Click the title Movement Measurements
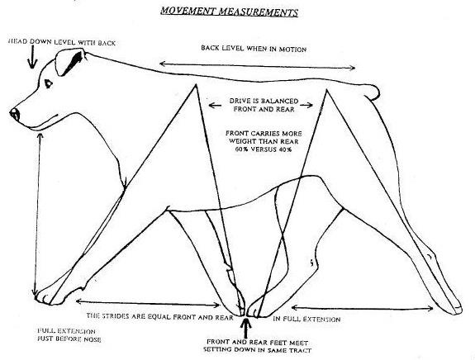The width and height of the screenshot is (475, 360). tap(229, 12)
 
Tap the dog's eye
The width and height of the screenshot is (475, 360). tap(48, 83)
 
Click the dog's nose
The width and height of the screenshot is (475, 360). tap(15, 115)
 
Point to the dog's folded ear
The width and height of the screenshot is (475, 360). tap(69, 62)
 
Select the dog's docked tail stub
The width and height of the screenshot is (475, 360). tap(371, 92)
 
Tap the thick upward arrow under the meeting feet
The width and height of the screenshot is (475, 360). tap(245, 328)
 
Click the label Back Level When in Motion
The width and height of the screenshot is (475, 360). tap(254, 49)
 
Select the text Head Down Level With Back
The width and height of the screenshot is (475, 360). tap(61, 42)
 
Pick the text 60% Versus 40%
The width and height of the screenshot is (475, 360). tap(264, 149)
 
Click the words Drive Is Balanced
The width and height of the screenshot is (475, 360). tap(264, 101)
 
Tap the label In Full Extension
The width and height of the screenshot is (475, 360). tap(306, 319)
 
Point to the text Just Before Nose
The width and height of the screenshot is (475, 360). tap(69, 339)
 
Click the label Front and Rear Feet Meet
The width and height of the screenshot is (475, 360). tap(257, 343)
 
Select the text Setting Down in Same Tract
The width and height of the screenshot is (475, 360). tap(257, 350)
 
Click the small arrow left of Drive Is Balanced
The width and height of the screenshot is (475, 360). tap(215, 106)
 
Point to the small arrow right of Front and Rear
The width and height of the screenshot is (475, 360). tap(306, 106)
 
